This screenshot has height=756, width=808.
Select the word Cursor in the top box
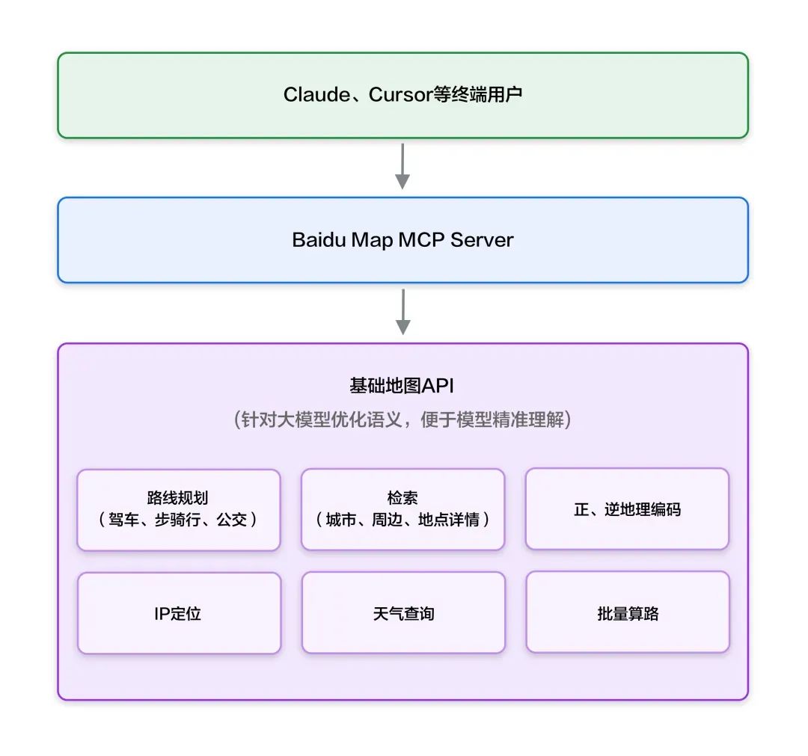400,95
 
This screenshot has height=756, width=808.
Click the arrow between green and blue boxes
403,166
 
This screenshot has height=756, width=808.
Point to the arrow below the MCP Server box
403,311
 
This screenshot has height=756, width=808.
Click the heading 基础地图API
402,386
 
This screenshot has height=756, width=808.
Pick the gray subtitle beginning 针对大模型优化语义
403,420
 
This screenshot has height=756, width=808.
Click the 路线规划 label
178,499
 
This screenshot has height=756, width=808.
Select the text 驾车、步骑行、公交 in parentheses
178,519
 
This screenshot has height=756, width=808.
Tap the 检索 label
403,499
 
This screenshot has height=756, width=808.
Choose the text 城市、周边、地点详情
403,519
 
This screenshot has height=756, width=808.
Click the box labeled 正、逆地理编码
627,509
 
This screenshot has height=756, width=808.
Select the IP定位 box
178,614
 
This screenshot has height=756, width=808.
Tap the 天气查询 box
403,614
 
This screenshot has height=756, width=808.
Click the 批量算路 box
627,614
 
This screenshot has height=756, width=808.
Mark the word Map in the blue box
374,240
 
